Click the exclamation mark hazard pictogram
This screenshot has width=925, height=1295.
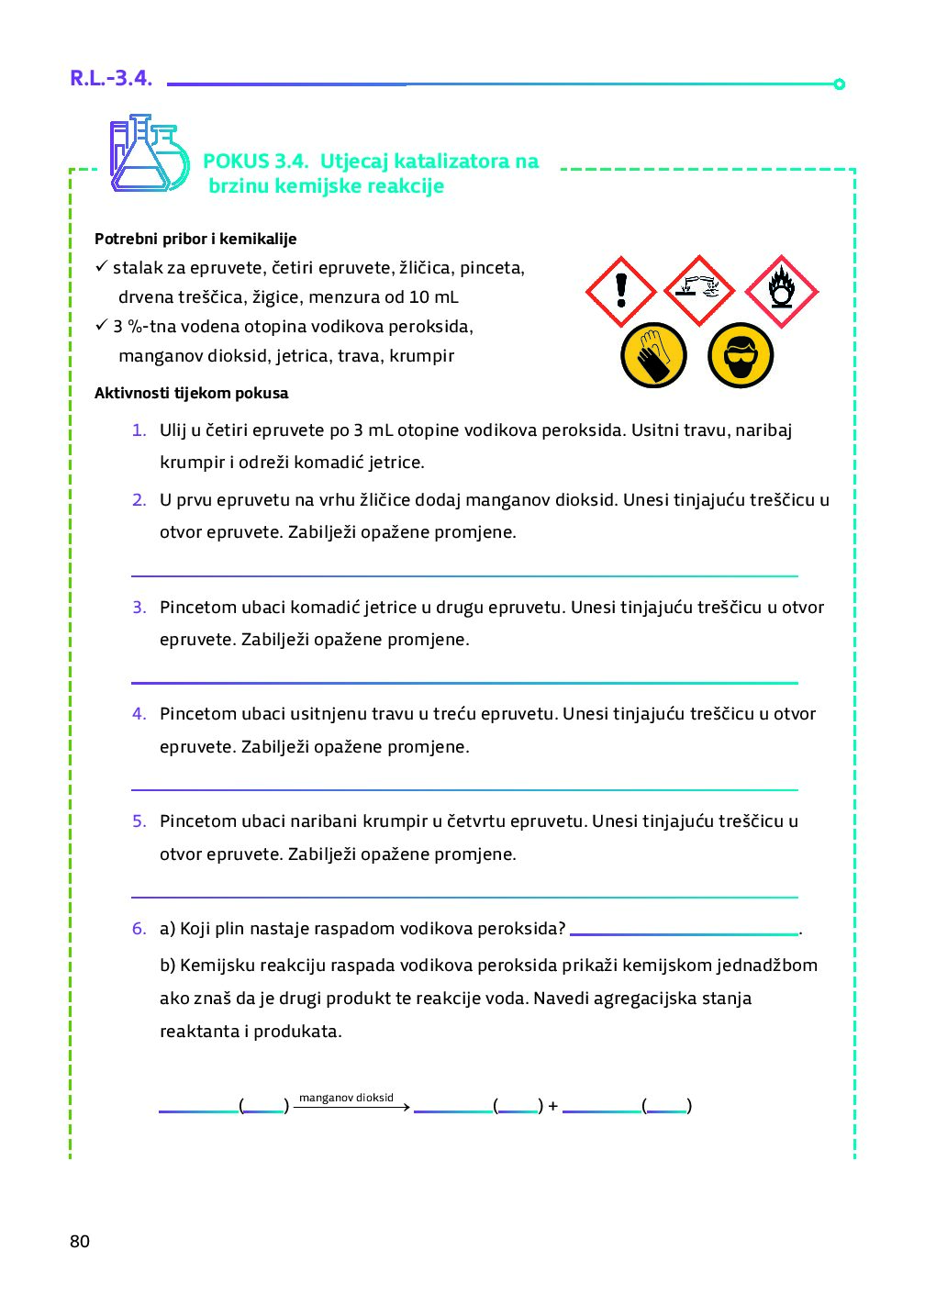coord(621,291)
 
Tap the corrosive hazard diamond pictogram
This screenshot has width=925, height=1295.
coord(700,291)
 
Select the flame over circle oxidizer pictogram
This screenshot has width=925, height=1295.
coord(781,291)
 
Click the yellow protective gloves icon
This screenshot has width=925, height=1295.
coord(653,355)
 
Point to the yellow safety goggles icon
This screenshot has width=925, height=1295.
coord(741,355)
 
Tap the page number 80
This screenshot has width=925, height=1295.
coord(80,1242)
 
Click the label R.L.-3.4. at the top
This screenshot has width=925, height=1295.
coord(111,78)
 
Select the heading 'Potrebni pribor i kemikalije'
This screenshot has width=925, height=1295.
coord(195,239)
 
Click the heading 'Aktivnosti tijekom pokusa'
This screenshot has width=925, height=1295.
coord(191,393)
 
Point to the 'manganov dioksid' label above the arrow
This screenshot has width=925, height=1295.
coord(346,1098)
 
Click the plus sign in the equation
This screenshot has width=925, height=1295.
coord(552,1106)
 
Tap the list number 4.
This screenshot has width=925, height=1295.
coord(139,714)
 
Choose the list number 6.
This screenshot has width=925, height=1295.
coord(139,929)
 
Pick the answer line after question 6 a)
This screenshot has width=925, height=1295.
coord(684,932)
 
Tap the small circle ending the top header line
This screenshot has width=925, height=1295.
coord(839,84)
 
